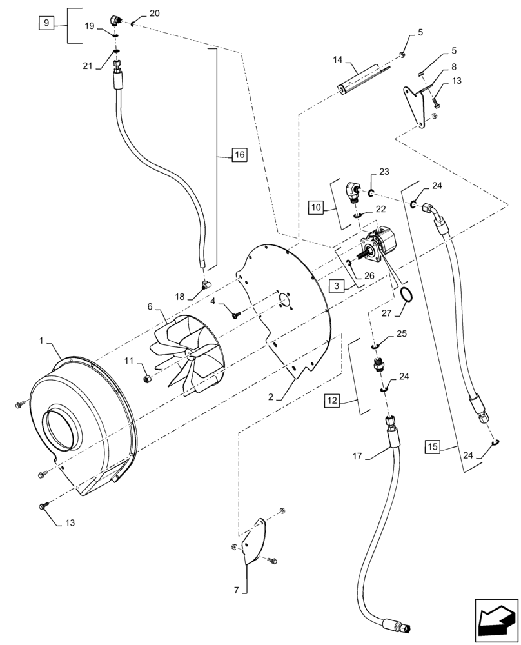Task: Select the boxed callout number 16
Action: point(239,155)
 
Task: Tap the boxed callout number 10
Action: point(316,208)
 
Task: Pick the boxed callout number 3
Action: point(337,284)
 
